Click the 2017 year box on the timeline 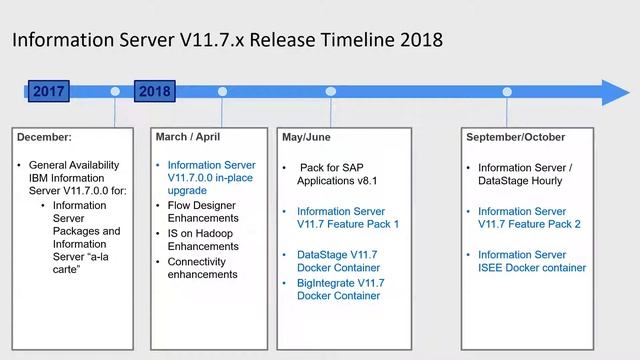pyautogui.click(x=49, y=91)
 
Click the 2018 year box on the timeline pyautogui.click(x=154, y=91)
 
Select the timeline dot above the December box pyautogui.click(x=115, y=92)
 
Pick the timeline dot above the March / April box pyautogui.click(x=222, y=92)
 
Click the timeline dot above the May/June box pyautogui.click(x=330, y=92)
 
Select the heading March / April pyautogui.click(x=188, y=137)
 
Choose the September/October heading pyautogui.click(x=515, y=137)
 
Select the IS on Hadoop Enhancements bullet pyautogui.click(x=203, y=239)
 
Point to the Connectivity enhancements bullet pyautogui.click(x=203, y=268)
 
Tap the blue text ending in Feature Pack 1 pyautogui.click(x=348, y=217)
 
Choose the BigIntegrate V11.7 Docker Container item pyautogui.click(x=340, y=290)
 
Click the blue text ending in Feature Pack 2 pyautogui.click(x=529, y=217)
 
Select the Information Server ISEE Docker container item pyautogui.click(x=532, y=261)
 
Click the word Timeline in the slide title pyautogui.click(x=340, y=41)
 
